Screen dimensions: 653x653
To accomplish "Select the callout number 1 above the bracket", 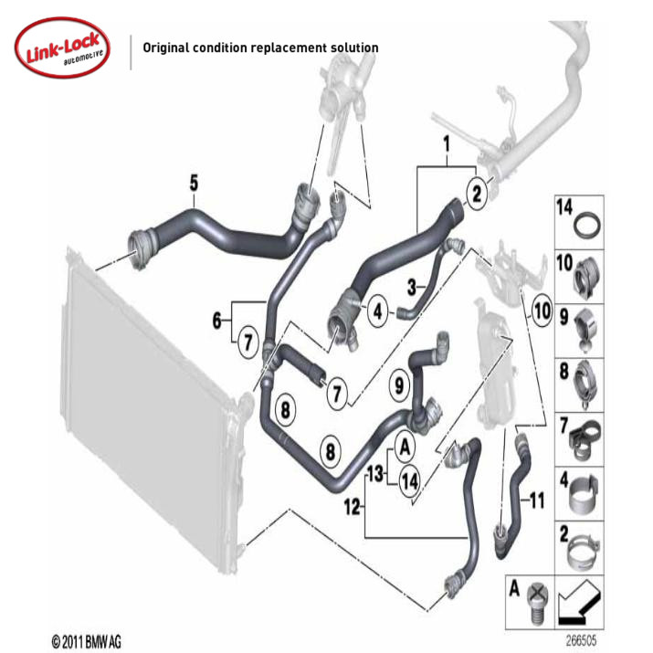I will [447, 144].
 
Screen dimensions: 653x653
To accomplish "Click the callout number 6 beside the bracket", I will [217, 321].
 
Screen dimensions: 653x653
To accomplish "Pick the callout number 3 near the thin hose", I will [413, 287].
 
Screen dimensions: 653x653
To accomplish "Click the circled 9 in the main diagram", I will [398, 385].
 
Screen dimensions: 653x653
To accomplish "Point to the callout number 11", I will [536, 500].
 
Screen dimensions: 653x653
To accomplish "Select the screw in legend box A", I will [536, 597].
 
